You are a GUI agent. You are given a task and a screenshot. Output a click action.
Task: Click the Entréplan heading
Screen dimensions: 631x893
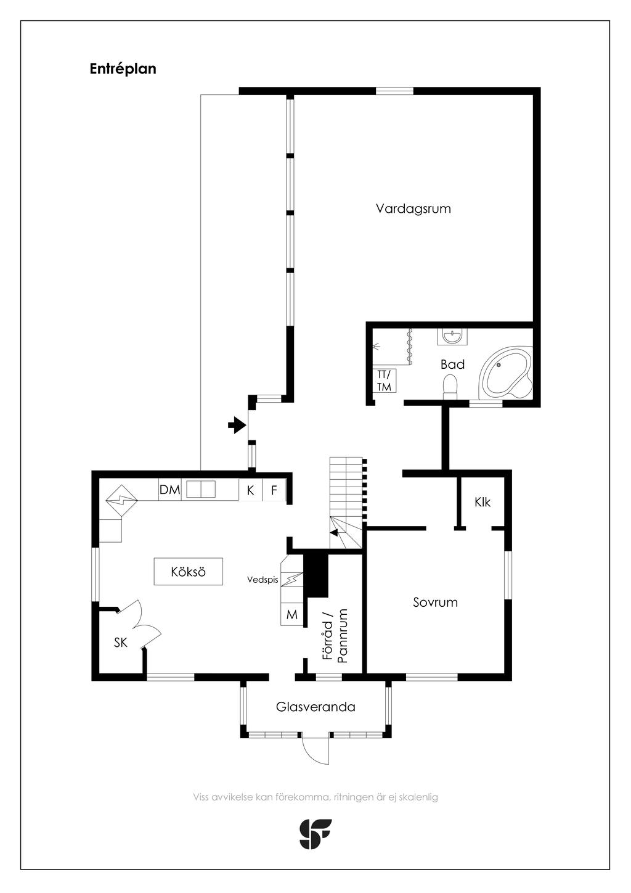(x=123, y=69)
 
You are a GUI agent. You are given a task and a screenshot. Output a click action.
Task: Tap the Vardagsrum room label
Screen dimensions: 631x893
(x=413, y=208)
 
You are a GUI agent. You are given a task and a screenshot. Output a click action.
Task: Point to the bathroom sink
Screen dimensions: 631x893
(x=452, y=337)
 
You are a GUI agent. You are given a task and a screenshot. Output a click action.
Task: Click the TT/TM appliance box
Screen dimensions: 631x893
(x=384, y=381)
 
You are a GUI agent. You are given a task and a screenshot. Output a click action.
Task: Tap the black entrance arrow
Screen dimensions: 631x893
(x=236, y=425)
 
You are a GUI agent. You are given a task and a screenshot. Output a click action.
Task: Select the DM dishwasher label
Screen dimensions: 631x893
(x=169, y=490)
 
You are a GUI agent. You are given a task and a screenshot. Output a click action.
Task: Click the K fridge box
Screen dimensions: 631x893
(x=251, y=490)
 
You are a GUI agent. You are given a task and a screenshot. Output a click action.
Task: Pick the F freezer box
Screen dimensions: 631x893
(x=274, y=490)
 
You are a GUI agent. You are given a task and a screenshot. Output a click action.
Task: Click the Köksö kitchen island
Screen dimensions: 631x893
(x=189, y=572)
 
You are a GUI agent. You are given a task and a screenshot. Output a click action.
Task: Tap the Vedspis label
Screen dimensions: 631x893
(x=263, y=580)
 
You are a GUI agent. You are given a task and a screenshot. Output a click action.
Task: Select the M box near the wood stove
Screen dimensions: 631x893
(x=292, y=614)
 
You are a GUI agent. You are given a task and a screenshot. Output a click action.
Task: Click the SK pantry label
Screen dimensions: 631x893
(x=121, y=642)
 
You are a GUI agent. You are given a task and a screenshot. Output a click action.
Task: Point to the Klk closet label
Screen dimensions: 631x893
(x=482, y=502)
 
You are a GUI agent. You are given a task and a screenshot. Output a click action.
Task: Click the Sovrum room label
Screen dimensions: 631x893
(x=435, y=602)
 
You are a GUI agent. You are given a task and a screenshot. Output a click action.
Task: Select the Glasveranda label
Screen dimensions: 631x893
(x=315, y=707)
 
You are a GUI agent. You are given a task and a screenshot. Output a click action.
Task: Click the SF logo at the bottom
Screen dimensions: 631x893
(x=315, y=834)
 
